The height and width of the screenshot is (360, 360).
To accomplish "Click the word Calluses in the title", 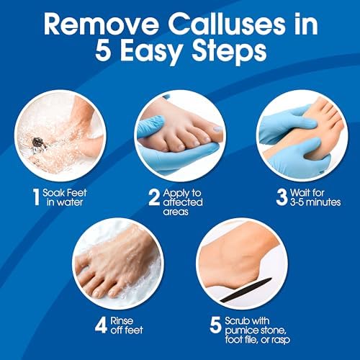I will [x=229, y=24].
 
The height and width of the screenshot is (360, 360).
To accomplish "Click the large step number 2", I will [x=153, y=196].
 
